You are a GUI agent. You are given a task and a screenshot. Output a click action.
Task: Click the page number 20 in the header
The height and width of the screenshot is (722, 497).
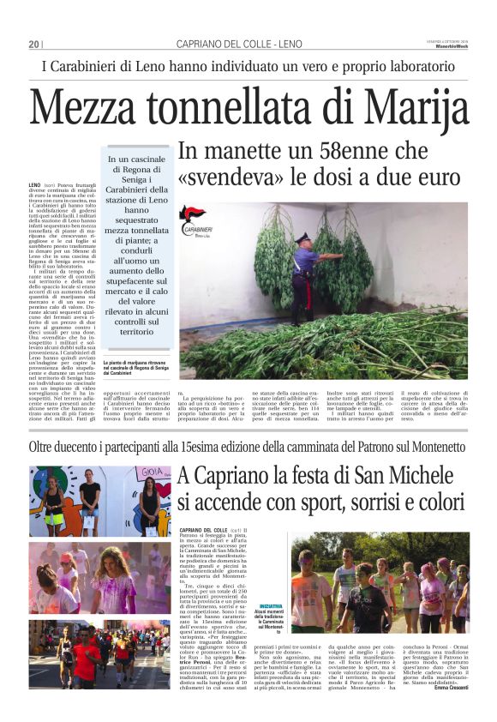34,44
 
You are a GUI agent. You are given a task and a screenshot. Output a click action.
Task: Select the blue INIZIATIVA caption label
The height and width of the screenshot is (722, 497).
271,606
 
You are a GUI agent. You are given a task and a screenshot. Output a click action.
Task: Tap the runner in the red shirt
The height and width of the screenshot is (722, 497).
87,661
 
